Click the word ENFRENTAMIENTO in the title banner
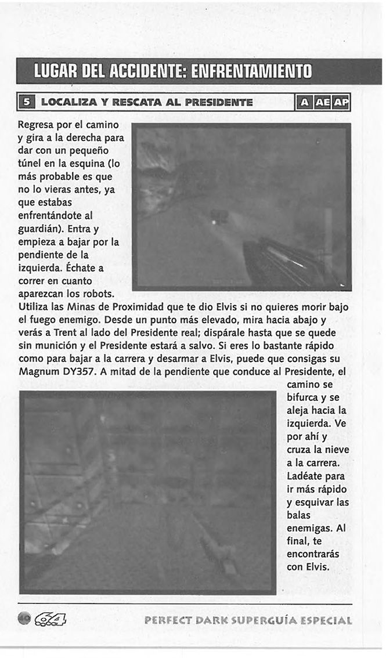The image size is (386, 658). pos(252,72)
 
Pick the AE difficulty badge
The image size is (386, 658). pos(322,103)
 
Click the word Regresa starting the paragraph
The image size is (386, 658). pos(36,125)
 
